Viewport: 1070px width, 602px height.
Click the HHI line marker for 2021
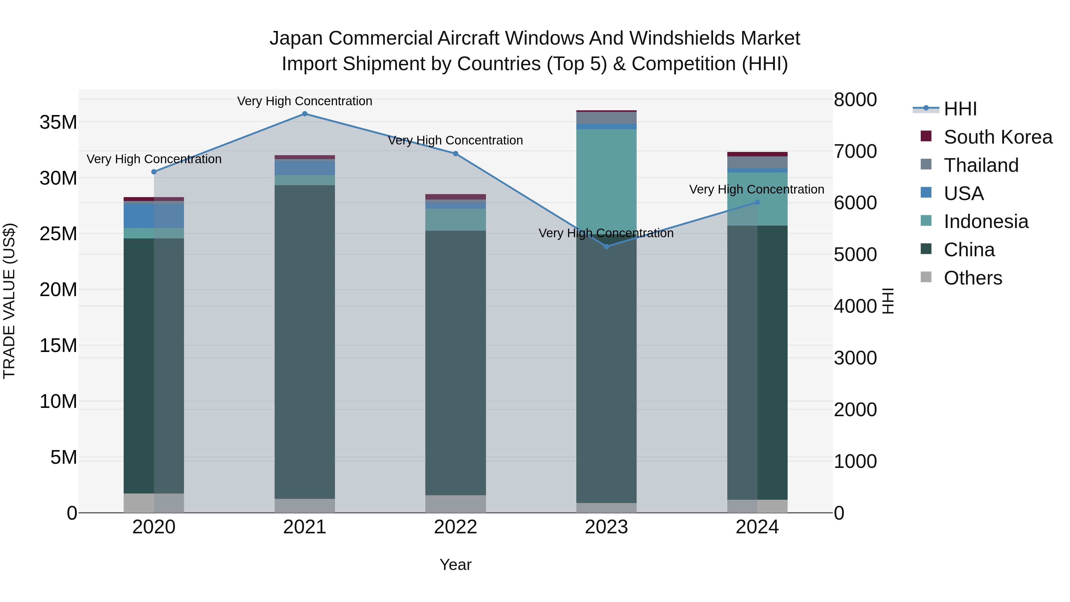pos(304,114)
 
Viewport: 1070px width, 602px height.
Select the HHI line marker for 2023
pos(606,247)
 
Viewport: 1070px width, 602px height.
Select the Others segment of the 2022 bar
pos(455,504)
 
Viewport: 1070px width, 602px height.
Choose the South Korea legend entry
pos(998,137)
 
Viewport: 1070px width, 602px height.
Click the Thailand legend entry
pos(981,165)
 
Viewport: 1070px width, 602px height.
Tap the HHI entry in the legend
pos(960,109)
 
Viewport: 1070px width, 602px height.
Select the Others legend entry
pos(973,278)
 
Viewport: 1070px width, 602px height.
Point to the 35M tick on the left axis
pos(59,122)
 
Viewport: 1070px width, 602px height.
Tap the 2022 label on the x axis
pos(455,527)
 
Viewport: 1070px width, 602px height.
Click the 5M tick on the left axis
pos(64,458)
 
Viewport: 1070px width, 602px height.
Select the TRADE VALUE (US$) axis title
pos(9,301)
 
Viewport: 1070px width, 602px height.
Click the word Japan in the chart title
pos(296,38)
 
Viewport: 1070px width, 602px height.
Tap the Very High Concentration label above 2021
pos(304,101)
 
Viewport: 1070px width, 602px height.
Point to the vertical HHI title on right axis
pos(888,301)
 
